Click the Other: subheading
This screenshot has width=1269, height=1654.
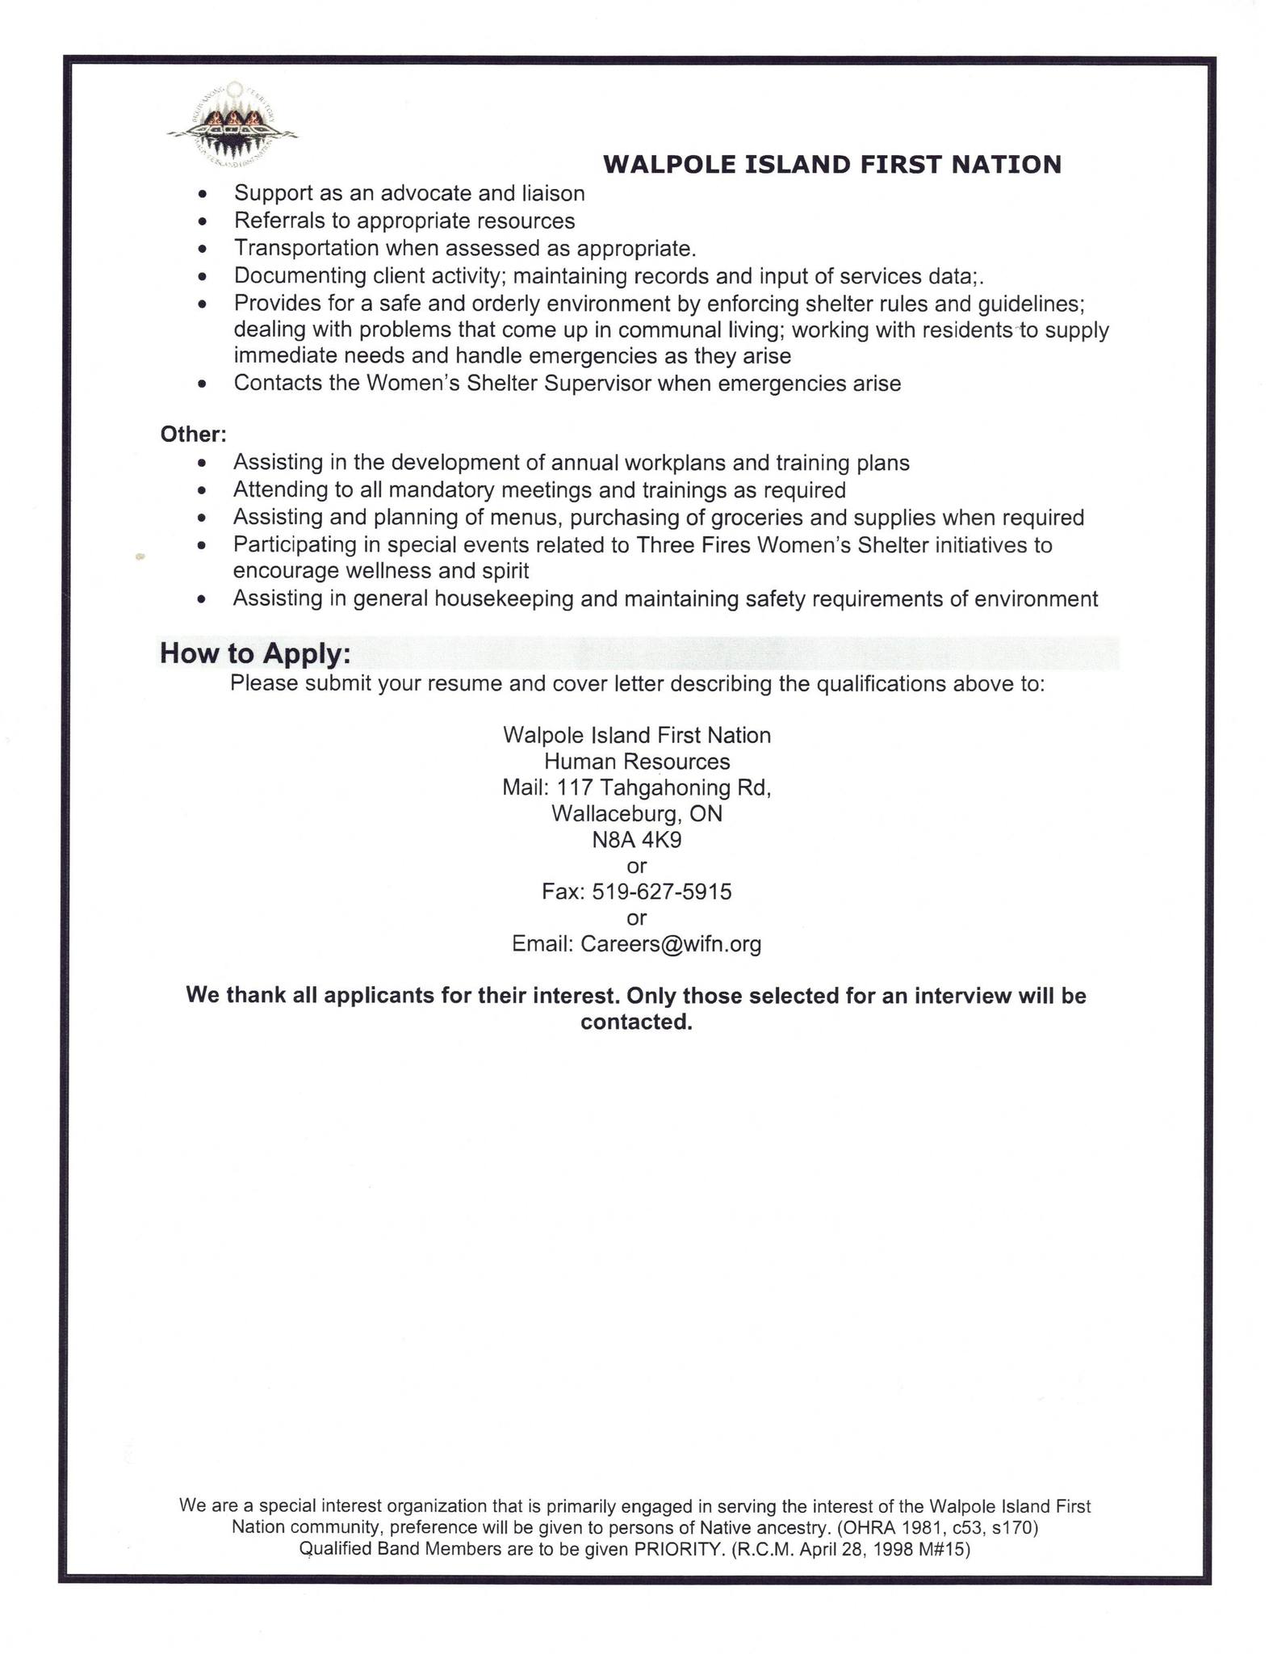coord(193,434)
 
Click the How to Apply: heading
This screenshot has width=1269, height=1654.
coord(255,653)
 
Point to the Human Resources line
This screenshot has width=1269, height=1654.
coord(637,762)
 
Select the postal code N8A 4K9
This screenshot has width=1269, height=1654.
coord(637,840)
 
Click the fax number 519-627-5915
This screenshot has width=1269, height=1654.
coord(662,892)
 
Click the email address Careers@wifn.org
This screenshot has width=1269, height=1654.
coord(671,944)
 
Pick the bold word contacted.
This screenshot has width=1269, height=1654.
coord(636,1022)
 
